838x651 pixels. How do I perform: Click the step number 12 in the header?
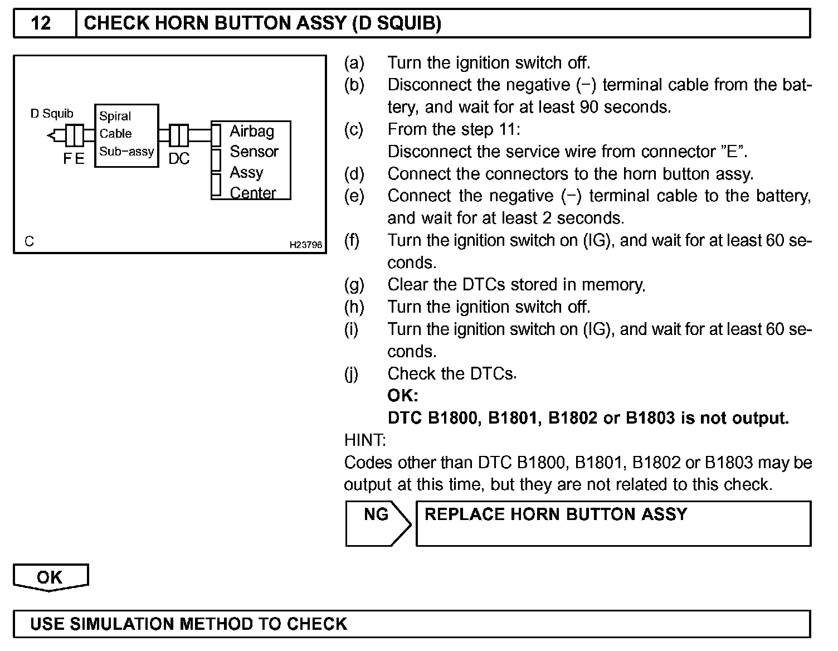[41, 23]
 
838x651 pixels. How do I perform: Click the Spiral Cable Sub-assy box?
[126, 134]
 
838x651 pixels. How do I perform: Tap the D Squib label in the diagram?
[52, 114]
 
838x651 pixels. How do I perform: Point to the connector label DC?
[179, 159]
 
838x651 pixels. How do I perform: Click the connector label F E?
[74, 159]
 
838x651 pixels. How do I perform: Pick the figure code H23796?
[305, 245]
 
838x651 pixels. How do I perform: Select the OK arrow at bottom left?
[50, 577]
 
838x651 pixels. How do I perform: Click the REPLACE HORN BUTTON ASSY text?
[556, 514]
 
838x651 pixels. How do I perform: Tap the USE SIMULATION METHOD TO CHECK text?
[188, 624]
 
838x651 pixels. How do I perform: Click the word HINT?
[365, 440]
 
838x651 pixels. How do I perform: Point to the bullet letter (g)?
[354, 285]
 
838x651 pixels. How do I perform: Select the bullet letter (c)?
[354, 129]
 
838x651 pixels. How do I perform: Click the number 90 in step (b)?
[591, 107]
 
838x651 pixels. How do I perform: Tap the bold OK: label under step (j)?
[402, 396]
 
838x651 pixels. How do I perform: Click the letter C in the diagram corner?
[29, 241]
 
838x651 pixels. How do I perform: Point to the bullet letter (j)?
[352, 374]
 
